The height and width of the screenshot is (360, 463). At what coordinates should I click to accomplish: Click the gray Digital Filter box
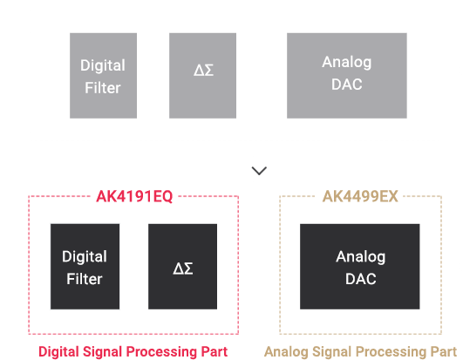click(x=103, y=76)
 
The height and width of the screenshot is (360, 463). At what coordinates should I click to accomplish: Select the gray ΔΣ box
click(x=202, y=76)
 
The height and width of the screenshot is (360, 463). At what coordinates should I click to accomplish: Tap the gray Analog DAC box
click(x=347, y=76)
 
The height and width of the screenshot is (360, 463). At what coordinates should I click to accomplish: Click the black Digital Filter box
click(x=85, y=267)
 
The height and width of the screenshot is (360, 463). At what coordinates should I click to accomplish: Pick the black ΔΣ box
click(x=182, y=267)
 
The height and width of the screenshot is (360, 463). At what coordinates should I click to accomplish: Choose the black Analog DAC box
click(x=359, y=267)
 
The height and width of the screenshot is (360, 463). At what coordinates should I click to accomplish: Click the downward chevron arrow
click(x=259, y=171)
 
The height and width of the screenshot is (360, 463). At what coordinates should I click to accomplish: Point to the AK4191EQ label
click(x=134, y=196)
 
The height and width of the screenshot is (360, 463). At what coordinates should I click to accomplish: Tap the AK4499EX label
click(x=360, y=196)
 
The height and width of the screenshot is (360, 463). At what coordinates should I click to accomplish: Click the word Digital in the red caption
click(x=58, y=352)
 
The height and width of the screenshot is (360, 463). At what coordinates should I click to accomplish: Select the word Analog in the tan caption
click(x=286, y=352)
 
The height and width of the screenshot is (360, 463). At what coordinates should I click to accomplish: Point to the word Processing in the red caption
click(x=162, y=352)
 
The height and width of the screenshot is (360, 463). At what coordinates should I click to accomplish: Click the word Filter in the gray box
click(x=103, y=88)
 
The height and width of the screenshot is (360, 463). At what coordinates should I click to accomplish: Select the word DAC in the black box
click(x=360, y=279)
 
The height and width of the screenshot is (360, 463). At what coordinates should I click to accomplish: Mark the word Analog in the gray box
click(x=347, y=63)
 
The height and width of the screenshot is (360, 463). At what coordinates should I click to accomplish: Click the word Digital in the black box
click(x=85, y=257)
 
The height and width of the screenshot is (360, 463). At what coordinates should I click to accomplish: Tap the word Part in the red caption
click(x=214, y=352)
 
